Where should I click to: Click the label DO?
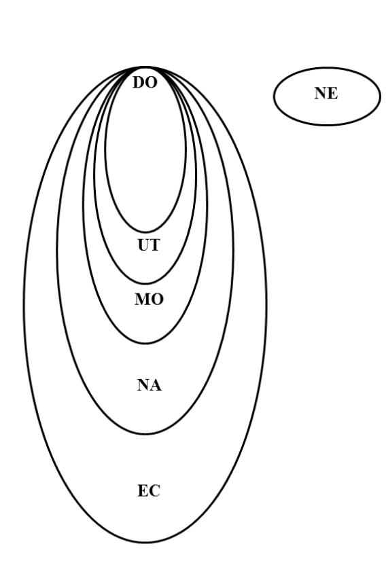coord(145,83)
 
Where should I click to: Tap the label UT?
coord(149,245)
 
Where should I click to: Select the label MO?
coord(149,300)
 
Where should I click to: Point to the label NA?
coord(150,385)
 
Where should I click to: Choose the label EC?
coord(149,491)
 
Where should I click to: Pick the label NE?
coord(326,93)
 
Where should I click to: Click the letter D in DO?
coord(139,83)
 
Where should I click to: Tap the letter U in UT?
coord(143,245)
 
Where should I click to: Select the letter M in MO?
coord(142,300)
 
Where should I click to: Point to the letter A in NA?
coord(156,385)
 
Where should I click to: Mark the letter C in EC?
coord(155,491)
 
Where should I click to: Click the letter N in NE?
coord(320,93)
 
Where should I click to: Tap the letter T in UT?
coord(155,245)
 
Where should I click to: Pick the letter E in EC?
coord(143,491)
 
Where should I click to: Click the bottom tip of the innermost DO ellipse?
coord(145,232)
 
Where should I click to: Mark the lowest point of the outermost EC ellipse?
coord(145,543)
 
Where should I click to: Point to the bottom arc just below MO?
coord(145,344)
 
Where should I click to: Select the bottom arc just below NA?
coord(145,434)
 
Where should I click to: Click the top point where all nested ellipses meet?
coord(145,67)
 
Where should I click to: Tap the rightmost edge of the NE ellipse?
coord(380,96)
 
